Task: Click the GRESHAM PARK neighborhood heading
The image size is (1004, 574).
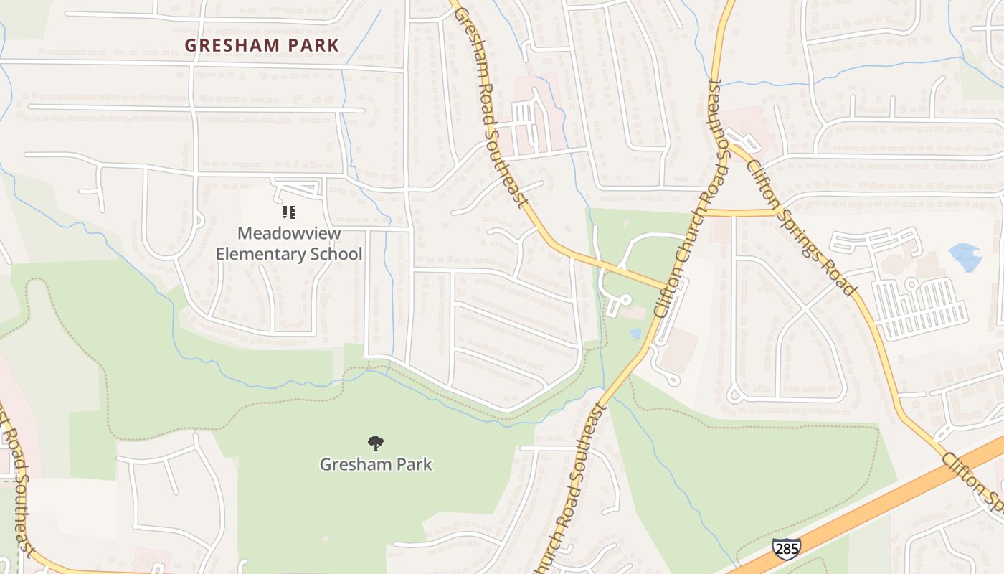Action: (x=262, y=45)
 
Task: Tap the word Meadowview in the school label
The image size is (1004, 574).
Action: (x=289, y=234)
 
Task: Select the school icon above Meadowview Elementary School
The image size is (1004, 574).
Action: (x=289, y=212)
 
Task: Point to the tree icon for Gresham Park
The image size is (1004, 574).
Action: (x=375, y=443)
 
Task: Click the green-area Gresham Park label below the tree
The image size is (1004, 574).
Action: (x=376, y=464)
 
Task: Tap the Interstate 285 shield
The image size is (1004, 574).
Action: (x=786, y=549)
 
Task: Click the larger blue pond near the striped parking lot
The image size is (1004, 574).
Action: (x=965, y=255)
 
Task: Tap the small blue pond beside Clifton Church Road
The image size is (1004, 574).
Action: (x=635, y=333)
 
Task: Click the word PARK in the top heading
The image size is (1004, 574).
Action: (x=312, y=45)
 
